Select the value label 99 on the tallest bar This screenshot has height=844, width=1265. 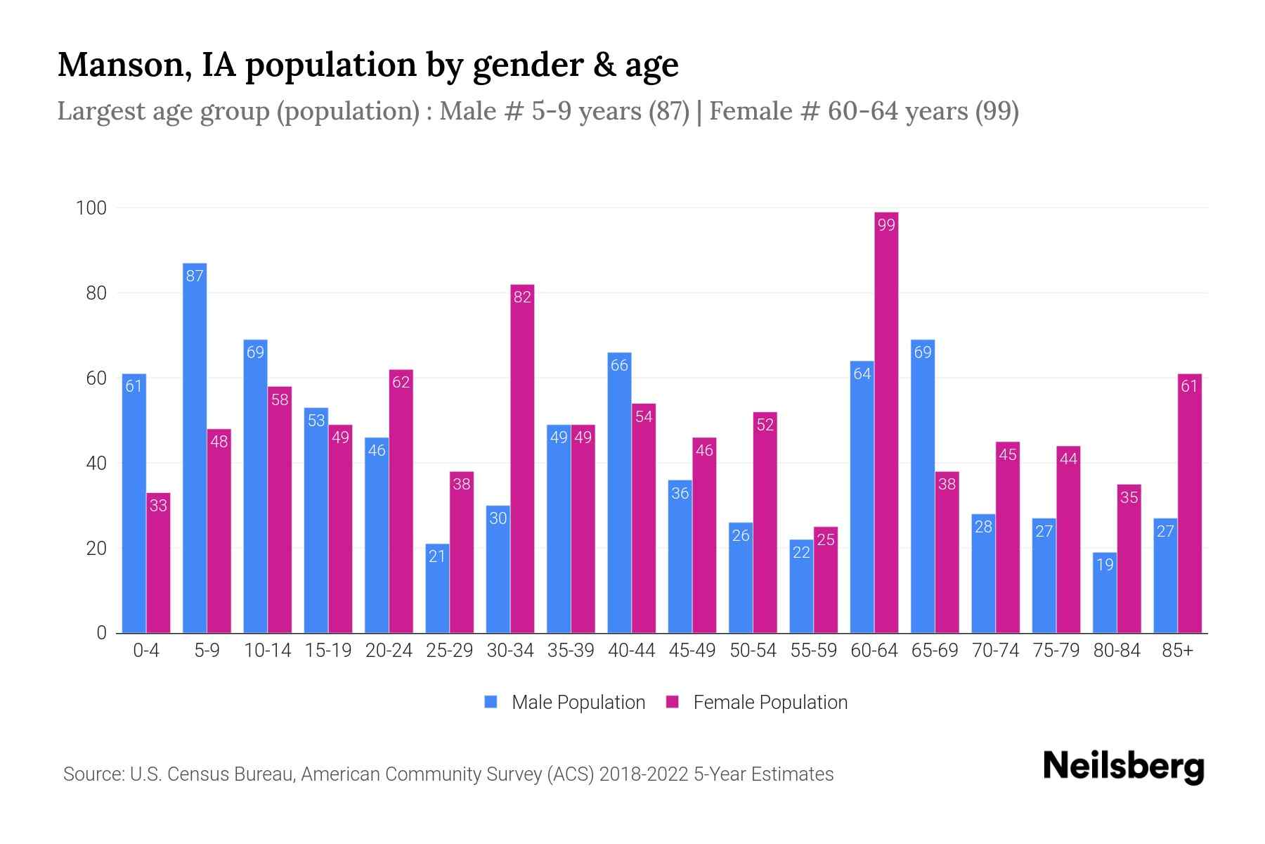click(x=886, y=225)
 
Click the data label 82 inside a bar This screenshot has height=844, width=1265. click(x=522, y=298)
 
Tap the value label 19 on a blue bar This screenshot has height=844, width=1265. click(x=1105, y=564)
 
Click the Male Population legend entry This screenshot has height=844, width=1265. click(x=565, y=702)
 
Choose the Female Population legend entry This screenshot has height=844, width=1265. click(x=757, y=702)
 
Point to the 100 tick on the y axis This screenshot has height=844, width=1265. click(x=91, y=208)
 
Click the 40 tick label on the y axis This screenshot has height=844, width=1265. click(x=96, y=463)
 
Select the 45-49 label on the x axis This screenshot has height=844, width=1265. click(x=692, y=651)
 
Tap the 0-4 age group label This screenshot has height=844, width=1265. click(x=146, y=651)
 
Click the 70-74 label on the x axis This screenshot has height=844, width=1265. click(x=995, y=651)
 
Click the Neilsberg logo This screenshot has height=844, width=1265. click(x=1123, y=767)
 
